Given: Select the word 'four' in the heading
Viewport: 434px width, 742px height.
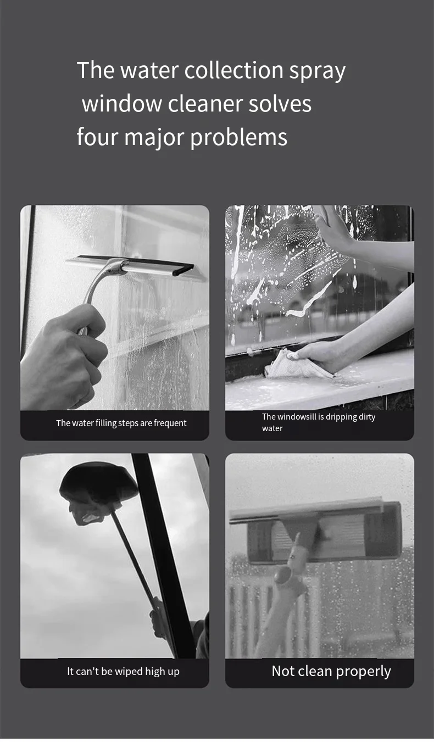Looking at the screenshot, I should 97,137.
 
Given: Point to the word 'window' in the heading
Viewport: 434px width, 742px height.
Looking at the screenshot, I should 122,104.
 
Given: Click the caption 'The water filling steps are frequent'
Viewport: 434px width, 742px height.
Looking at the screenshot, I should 121,423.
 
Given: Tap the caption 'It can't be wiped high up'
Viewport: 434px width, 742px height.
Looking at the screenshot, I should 123,671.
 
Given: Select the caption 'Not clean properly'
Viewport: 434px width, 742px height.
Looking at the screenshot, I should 331,671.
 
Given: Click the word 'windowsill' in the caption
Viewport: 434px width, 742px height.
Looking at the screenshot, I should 296,417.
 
